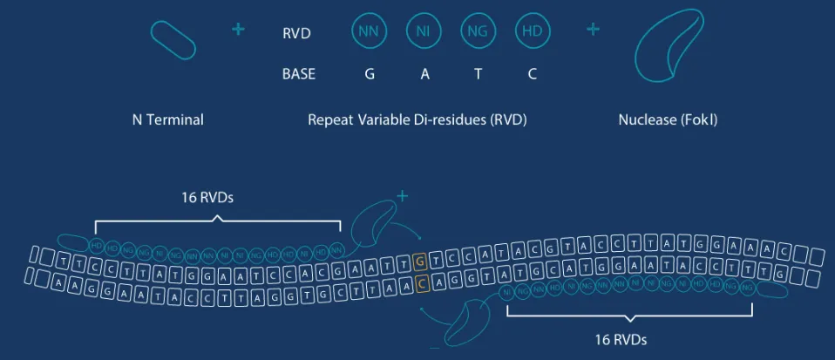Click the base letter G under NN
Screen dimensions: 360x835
[370, 74]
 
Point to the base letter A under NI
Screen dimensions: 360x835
[424, 74]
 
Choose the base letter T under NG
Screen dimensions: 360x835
[478, 74]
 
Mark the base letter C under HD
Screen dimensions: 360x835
[532, 74]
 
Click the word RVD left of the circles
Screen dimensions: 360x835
[296, 34]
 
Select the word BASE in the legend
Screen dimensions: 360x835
[299, 74]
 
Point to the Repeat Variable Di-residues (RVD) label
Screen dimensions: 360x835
[417, 120]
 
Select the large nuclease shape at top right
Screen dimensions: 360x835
[667, 51]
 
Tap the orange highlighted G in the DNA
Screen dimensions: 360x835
[420, 261]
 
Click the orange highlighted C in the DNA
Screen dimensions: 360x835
[422, 282]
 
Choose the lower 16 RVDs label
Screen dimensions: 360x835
[617, 338]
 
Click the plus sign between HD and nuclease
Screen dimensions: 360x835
[594, 30]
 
